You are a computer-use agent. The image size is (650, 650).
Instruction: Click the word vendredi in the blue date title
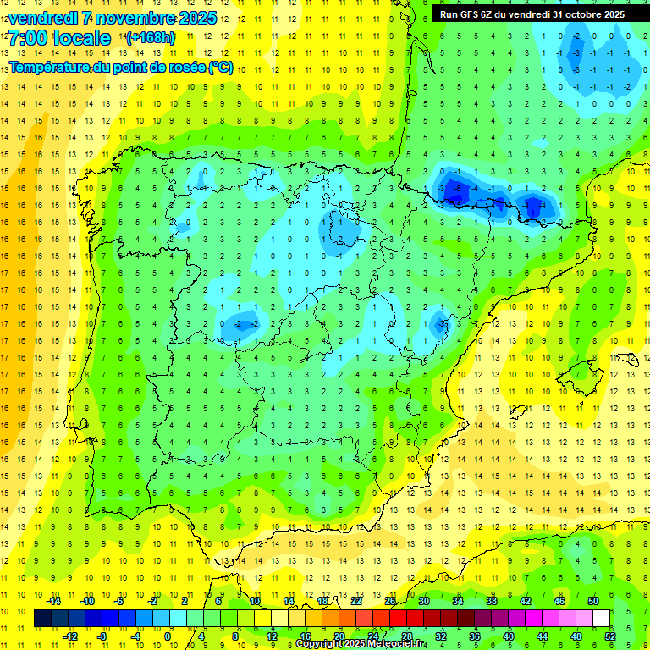tap(44, 18)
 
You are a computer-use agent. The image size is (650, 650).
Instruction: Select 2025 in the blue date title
tap(197, 18)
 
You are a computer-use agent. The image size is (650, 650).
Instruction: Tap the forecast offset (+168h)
tap(151, 38)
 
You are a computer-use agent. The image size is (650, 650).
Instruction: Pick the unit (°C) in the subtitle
tap(221, 67)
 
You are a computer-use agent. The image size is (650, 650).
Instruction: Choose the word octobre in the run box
tap(576, 14)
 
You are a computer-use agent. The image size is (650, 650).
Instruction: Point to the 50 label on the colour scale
tap(592, 600)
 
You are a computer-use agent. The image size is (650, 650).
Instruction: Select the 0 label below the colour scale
tap(169, 636)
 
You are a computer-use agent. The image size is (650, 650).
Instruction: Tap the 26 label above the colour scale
tap(389, 600)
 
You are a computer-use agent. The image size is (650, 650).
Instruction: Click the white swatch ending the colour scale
tap(601, 618)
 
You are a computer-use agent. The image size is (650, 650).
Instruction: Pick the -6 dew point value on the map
tap(458, 188)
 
